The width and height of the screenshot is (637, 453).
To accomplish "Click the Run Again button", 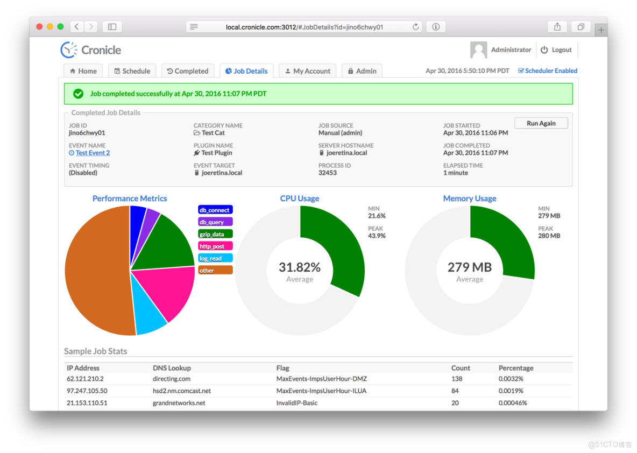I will coord(541,123).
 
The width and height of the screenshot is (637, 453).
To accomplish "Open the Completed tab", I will coord(187,71).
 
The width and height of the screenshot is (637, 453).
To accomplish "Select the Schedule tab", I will coord(132,71).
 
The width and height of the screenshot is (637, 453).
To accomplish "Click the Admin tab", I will coord(362,71).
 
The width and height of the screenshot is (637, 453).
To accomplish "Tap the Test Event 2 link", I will coord(93,153).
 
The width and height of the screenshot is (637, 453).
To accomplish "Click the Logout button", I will coord(556,50).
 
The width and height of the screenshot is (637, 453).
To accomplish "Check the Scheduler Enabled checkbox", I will coord(521,70).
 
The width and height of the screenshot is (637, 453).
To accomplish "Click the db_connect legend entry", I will coord(215,210).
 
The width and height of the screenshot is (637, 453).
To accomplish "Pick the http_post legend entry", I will coord(215,246).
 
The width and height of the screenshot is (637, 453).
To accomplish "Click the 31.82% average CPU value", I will coord(300,267).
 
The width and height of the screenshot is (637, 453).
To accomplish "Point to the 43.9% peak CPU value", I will coord(377,236).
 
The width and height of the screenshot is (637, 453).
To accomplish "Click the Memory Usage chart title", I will coord(469,199).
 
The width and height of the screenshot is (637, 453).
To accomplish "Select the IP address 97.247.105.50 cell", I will coord(87,391).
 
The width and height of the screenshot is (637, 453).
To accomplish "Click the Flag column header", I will coord(282,368).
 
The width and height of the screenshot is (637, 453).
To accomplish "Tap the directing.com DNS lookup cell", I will coord(171,379).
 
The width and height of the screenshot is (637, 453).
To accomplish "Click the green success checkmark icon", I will coord(79,94).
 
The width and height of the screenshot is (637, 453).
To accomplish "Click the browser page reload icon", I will coord(415,27).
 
